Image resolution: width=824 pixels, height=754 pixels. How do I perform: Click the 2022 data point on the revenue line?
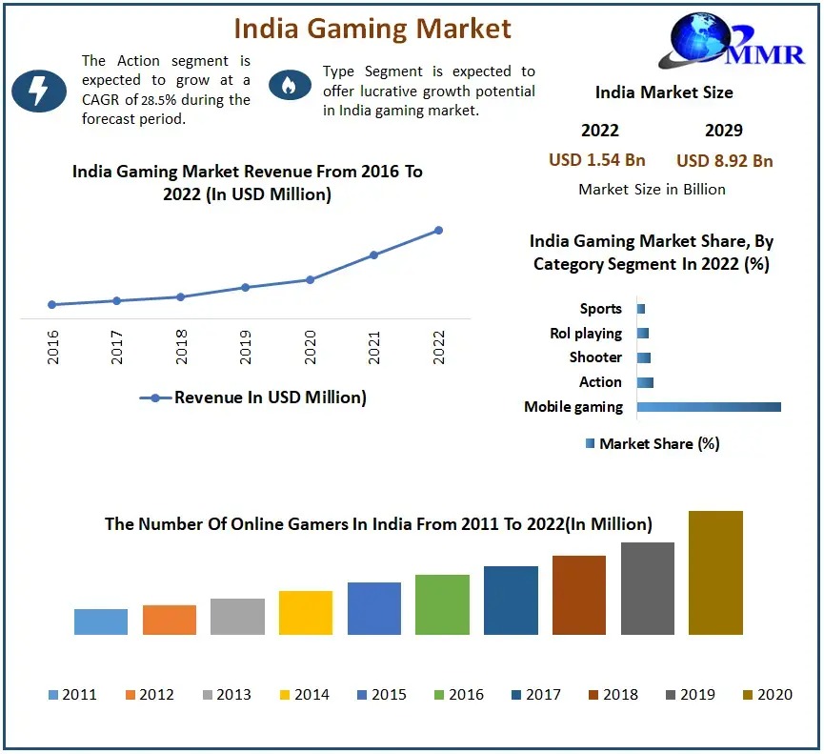tap(439, 230)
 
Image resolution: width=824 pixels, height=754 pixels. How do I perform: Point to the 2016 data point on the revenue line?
tap(51, 305)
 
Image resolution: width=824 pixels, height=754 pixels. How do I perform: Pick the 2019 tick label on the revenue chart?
tap(246, 348)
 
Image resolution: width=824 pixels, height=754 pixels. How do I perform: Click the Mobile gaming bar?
tap(709, 407)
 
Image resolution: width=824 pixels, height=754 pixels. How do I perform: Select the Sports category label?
tap(600, 309)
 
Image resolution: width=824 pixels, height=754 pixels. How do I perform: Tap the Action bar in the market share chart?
tap(645, 382)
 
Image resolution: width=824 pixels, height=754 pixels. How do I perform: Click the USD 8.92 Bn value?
tap(725, 160)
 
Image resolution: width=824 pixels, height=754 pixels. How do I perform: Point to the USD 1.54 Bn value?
tap(597, 160)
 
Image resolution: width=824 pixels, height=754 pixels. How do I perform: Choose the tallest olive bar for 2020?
tap(715, 573)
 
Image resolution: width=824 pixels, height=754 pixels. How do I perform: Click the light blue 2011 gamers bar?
tap(101, 622)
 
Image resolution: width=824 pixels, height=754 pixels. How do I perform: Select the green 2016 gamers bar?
tap(442, 604)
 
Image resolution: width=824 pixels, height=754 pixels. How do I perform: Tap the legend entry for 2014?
tap(303, 695)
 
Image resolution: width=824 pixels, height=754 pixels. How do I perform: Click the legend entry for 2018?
tap(612, 695)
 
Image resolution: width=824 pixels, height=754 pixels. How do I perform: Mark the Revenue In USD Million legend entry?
tap(253, 397)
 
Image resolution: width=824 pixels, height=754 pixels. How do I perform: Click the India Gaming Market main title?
tap(373, 29)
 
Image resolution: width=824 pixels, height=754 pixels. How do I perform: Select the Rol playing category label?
tap(586, 334)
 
